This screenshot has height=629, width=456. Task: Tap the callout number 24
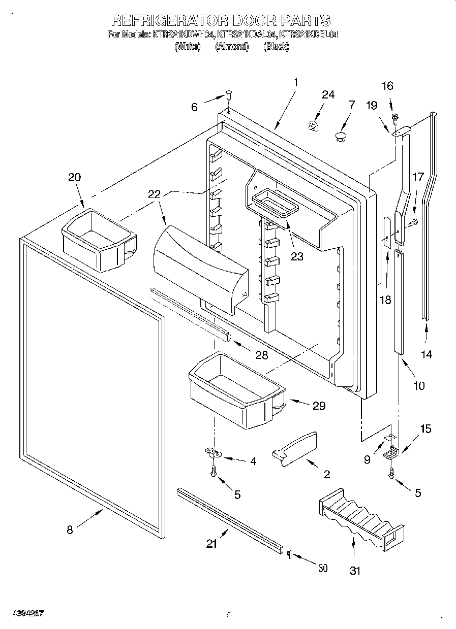[x=328, y=94]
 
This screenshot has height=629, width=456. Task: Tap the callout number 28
[x=261, y=355]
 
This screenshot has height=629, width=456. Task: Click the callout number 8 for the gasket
[x=70, y=530]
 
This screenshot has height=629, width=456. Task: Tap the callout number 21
[x=211, y=544]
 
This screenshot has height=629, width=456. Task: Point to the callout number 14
[x=427, y=354]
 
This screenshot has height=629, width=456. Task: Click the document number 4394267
[x=24, y=614]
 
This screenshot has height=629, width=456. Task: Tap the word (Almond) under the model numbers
[x=232, y=47]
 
